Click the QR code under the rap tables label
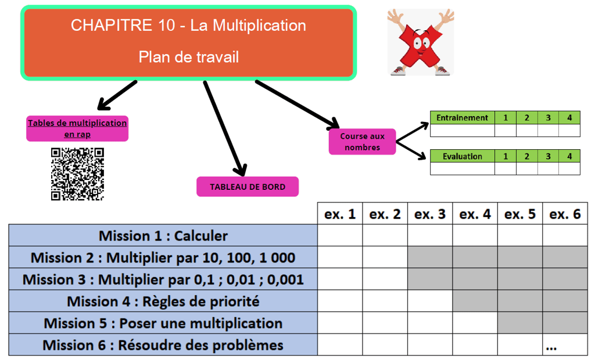pyautogui.click(x=77, y=174)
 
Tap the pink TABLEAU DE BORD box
pyautogui.click(x=248, y=187)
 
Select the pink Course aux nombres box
pyautogui.click(x=362, y=142)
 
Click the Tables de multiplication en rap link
pyautogui.click(x=77, y=128)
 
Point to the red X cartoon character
pyautogui.click(x=421, y=42)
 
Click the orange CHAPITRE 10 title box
pyautogui.click(x=189, y=42)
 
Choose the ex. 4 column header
pyautogui.click(x=475, y=214)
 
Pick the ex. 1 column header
pyautogui.click(x=340, y=214)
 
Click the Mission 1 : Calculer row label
pyautogui.click(x=163, y=236)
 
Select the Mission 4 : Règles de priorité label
pyautogui.click(x=163, y=301)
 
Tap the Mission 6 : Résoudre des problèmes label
pyautogui.click(x=163, y=345)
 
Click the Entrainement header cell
pyautogui.click(x=462, y=118)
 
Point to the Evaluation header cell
pyautogui.click(x=462, y=156)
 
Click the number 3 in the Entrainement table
pyautogui.click(x=548, y=118)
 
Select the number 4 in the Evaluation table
pyautogui.click(x=569, y=156)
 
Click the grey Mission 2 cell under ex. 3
pyautogui.click(x=430, y=257)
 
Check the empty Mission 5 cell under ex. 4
pyautogui.click(x=475, y=323)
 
